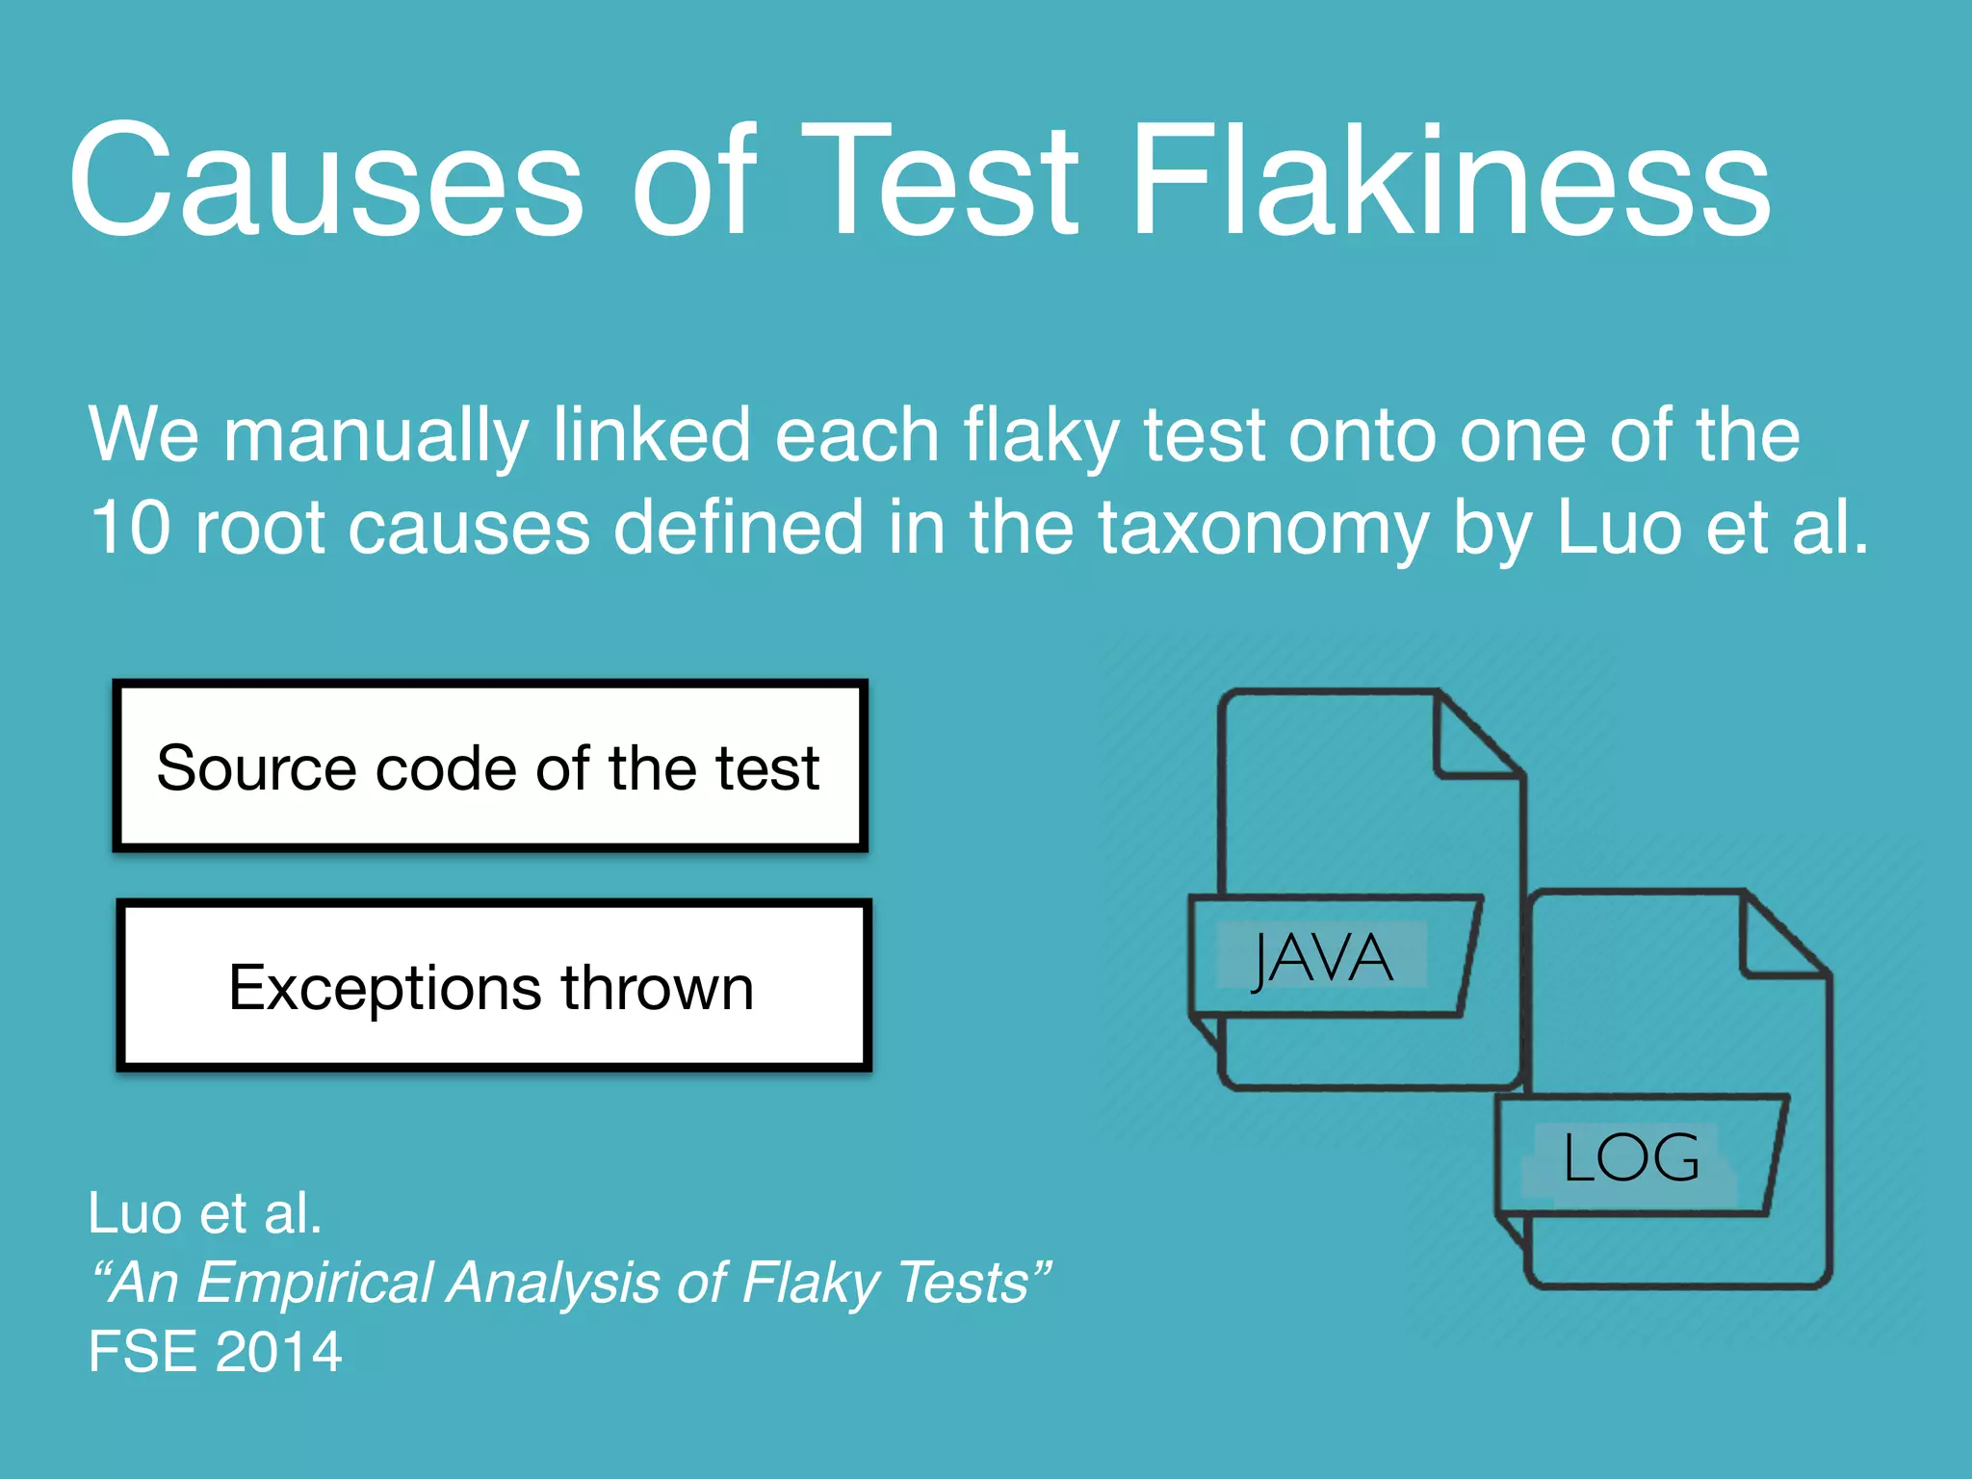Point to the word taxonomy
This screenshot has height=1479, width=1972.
tap(1263, 530)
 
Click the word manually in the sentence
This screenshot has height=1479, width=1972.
tap(376, 436)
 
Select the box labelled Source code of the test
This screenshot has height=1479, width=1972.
tap(490, 766)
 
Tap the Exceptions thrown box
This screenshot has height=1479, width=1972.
tap(493, 986)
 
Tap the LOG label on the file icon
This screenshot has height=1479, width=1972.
tap(1631, 1157)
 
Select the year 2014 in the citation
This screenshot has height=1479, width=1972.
tap(279, 1351)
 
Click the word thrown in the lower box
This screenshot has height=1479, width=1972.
tap(658, 988)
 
